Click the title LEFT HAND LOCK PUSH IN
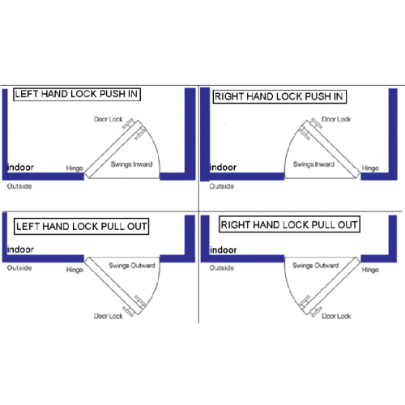point(77,94)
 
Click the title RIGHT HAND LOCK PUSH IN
point(279,96)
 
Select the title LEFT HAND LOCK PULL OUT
point(81,226)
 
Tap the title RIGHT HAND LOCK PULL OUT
point(289,224)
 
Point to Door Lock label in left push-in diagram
point(109,119)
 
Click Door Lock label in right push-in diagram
point(336,119)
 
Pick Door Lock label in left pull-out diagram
point(109,316)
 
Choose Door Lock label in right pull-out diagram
point(336,316)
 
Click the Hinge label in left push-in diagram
point(75,168)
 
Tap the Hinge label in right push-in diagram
point(370,168)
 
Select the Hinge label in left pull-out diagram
point(75,270)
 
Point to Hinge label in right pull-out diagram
point(370,270)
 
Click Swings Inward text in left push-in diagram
point(131,164)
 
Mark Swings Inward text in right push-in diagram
point(313,164)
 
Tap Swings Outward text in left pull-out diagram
point(132,266)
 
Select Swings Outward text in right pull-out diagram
point(315,266)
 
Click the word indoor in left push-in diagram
point(20,168)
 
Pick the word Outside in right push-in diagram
point(222,186)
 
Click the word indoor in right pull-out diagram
point(224,249)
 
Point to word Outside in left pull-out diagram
point(19,268)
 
